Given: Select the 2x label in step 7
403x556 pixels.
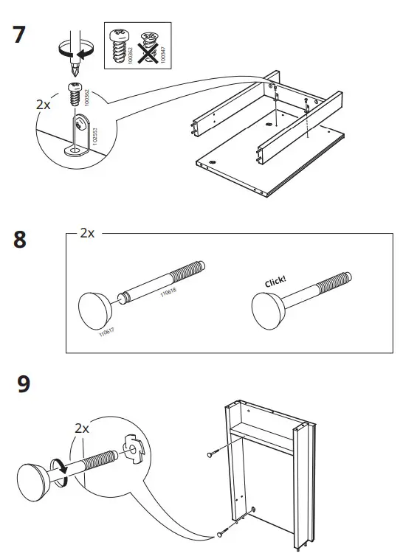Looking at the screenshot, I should pos(44,105).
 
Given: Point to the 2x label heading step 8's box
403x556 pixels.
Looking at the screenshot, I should pos(87,234).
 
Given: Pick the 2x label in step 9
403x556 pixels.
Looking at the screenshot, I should pos(81,428).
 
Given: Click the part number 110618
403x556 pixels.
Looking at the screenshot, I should pos(169,295).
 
